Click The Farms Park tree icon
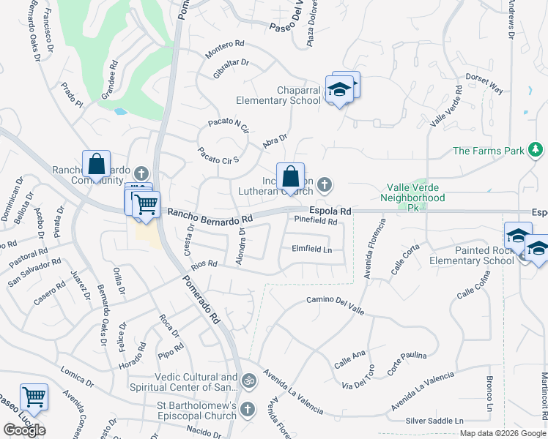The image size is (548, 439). pos(536,151)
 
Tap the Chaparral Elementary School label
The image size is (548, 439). pos(278,95)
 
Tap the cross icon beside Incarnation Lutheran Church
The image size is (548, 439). pos(324,183)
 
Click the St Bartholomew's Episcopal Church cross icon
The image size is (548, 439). pos(248,408)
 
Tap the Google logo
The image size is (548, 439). pos(24,430)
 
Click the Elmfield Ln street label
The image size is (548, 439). pos(312,249)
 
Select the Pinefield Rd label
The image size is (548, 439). pos(316,220)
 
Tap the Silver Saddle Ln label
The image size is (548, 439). pos(435,421)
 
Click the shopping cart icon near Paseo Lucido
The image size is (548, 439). pos(34,397)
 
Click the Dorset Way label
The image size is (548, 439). pos(485,83)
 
